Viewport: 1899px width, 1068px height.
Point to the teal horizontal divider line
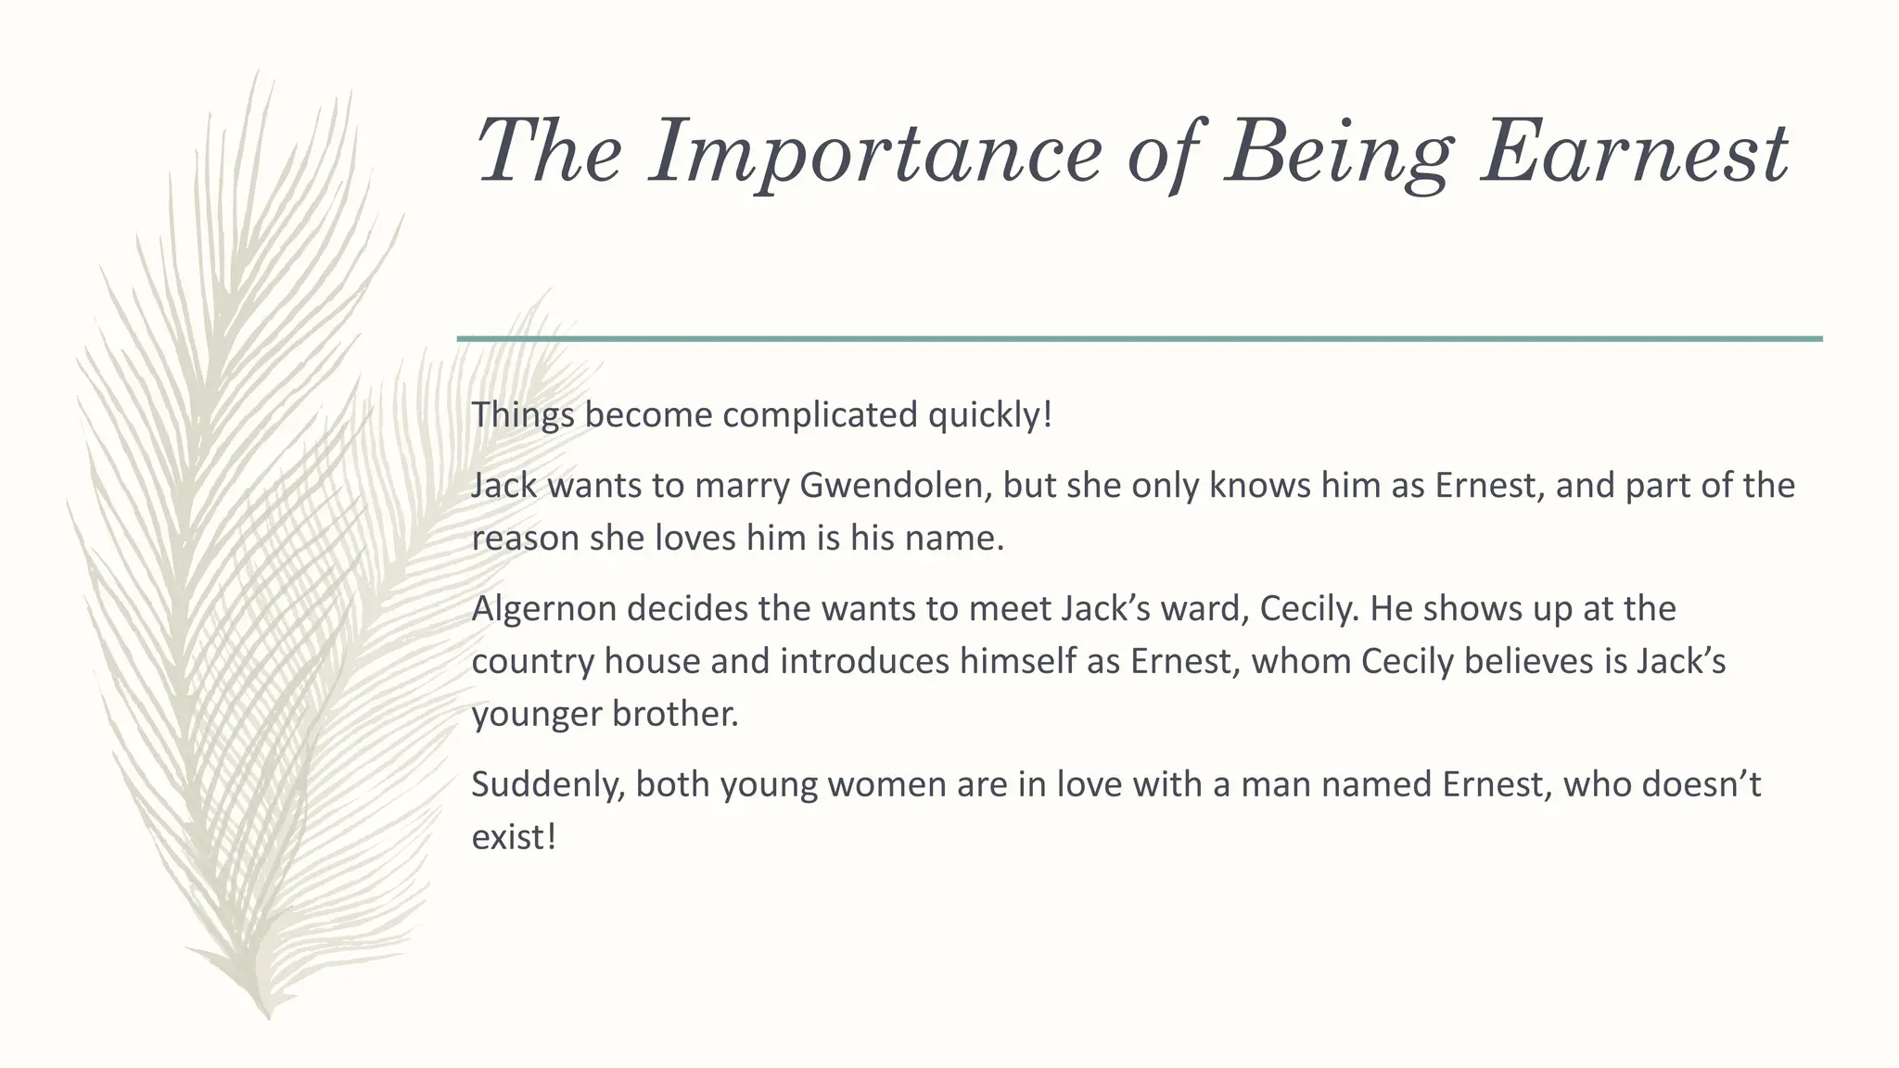pos(1140,339)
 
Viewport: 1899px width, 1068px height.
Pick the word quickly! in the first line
pos(990,414)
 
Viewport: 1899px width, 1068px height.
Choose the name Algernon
pos(543,609)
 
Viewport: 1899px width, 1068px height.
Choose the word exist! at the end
pos(514,837)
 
